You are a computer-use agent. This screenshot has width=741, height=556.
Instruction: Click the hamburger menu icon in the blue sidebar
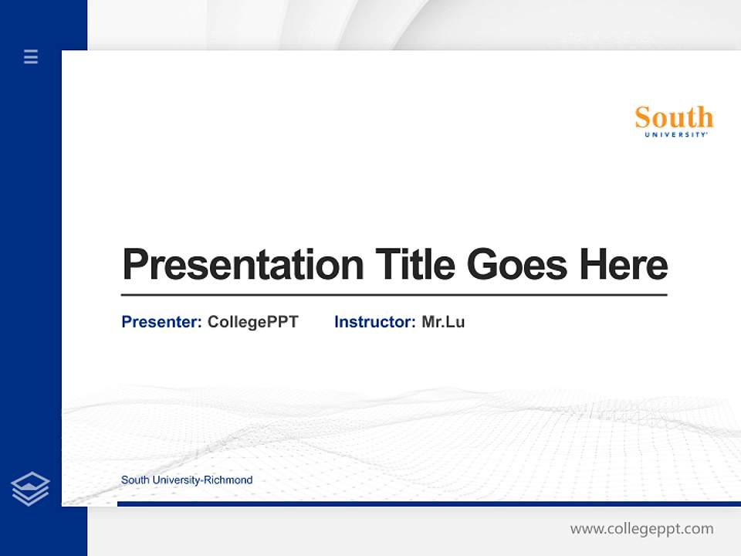point(31,56)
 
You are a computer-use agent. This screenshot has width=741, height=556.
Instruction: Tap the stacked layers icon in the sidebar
point(30,489)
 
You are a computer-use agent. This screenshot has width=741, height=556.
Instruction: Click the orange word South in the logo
point(674,118)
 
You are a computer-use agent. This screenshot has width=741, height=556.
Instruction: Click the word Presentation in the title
point(242,265)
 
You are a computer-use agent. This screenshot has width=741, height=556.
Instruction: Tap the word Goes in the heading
point(518,264)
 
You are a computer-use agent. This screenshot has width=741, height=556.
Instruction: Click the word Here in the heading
point(624,264)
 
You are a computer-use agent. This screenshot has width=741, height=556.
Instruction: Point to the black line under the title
point(394,295)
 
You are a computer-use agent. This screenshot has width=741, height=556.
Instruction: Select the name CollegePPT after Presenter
point(252,322)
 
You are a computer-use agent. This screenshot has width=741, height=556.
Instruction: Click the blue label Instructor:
point(375,322)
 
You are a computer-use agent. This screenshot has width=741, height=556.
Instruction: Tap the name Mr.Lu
point(443,322)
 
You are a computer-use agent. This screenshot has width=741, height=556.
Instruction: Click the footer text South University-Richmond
point(187,480)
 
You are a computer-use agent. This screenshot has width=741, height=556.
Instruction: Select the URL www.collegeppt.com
point(641,529)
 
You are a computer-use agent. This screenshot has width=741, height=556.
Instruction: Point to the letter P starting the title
point(134,265)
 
